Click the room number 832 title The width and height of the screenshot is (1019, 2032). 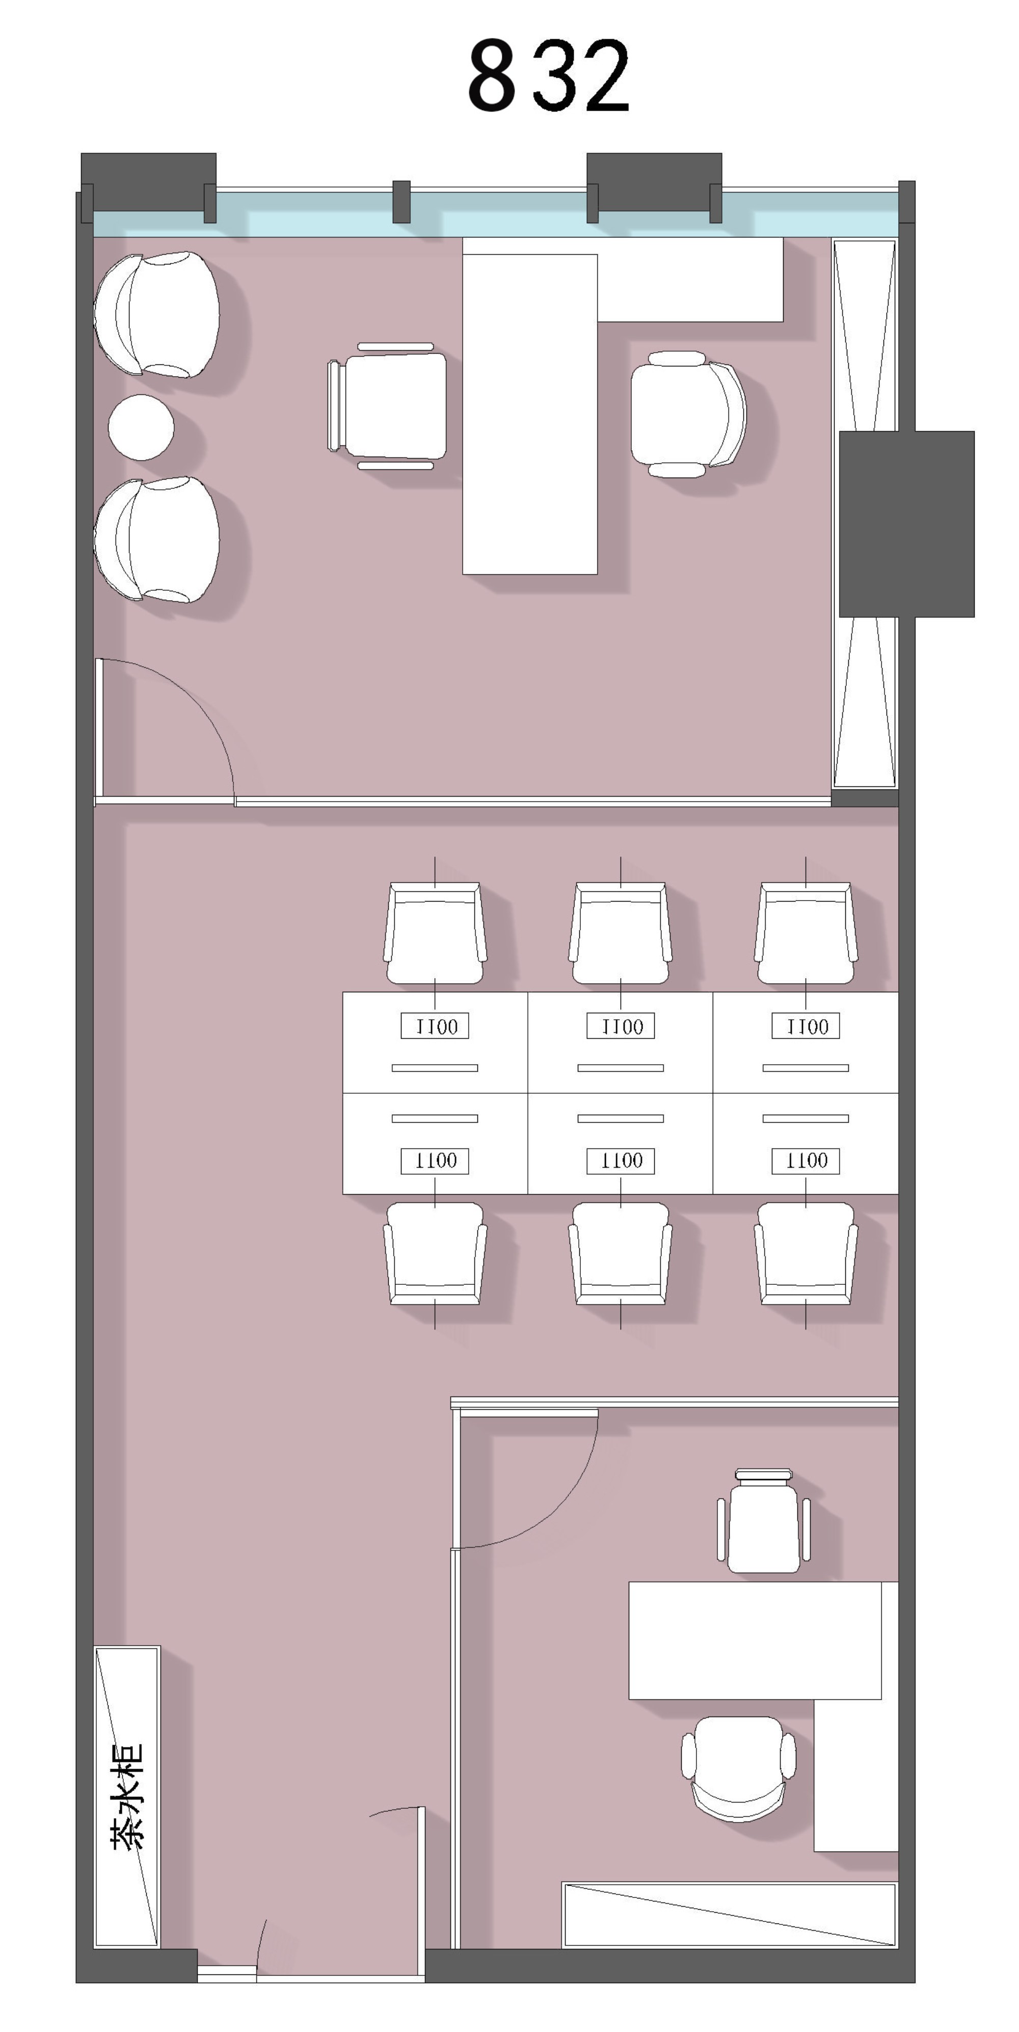pos(549,76)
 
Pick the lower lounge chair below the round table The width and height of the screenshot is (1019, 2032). pos(156,540)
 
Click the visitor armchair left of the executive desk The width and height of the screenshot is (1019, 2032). pos(387,406)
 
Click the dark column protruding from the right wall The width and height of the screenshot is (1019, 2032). pos(906,524)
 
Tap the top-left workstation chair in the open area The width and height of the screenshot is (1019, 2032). pos(435,932)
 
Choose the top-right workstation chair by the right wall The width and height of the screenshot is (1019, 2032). pos(805,932)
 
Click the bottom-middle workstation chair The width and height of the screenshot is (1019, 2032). pos(620,1253)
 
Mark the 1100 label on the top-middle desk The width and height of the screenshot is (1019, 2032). pos(621,1026)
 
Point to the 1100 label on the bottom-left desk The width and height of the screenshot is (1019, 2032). pos(435,1160)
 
